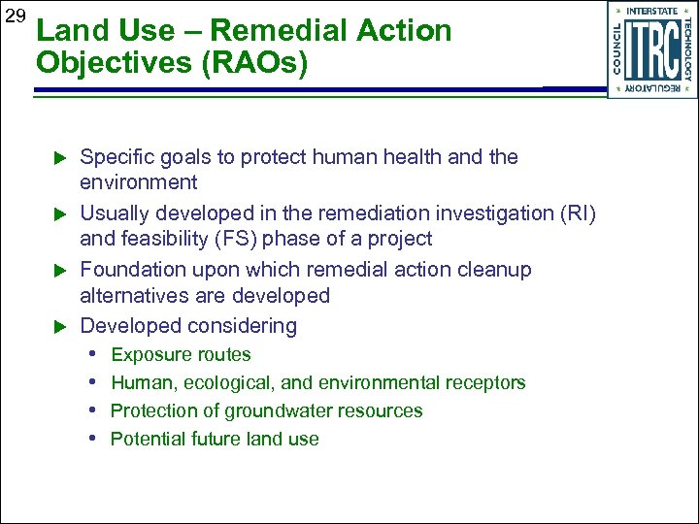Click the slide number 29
[x=14, y=17]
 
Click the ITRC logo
[x=651, y=49]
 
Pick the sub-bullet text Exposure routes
[x=181, y=355]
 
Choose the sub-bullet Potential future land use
[x=215, y=440]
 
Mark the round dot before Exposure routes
[x=97, y=355]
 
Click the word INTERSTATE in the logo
[x=651, y=11]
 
